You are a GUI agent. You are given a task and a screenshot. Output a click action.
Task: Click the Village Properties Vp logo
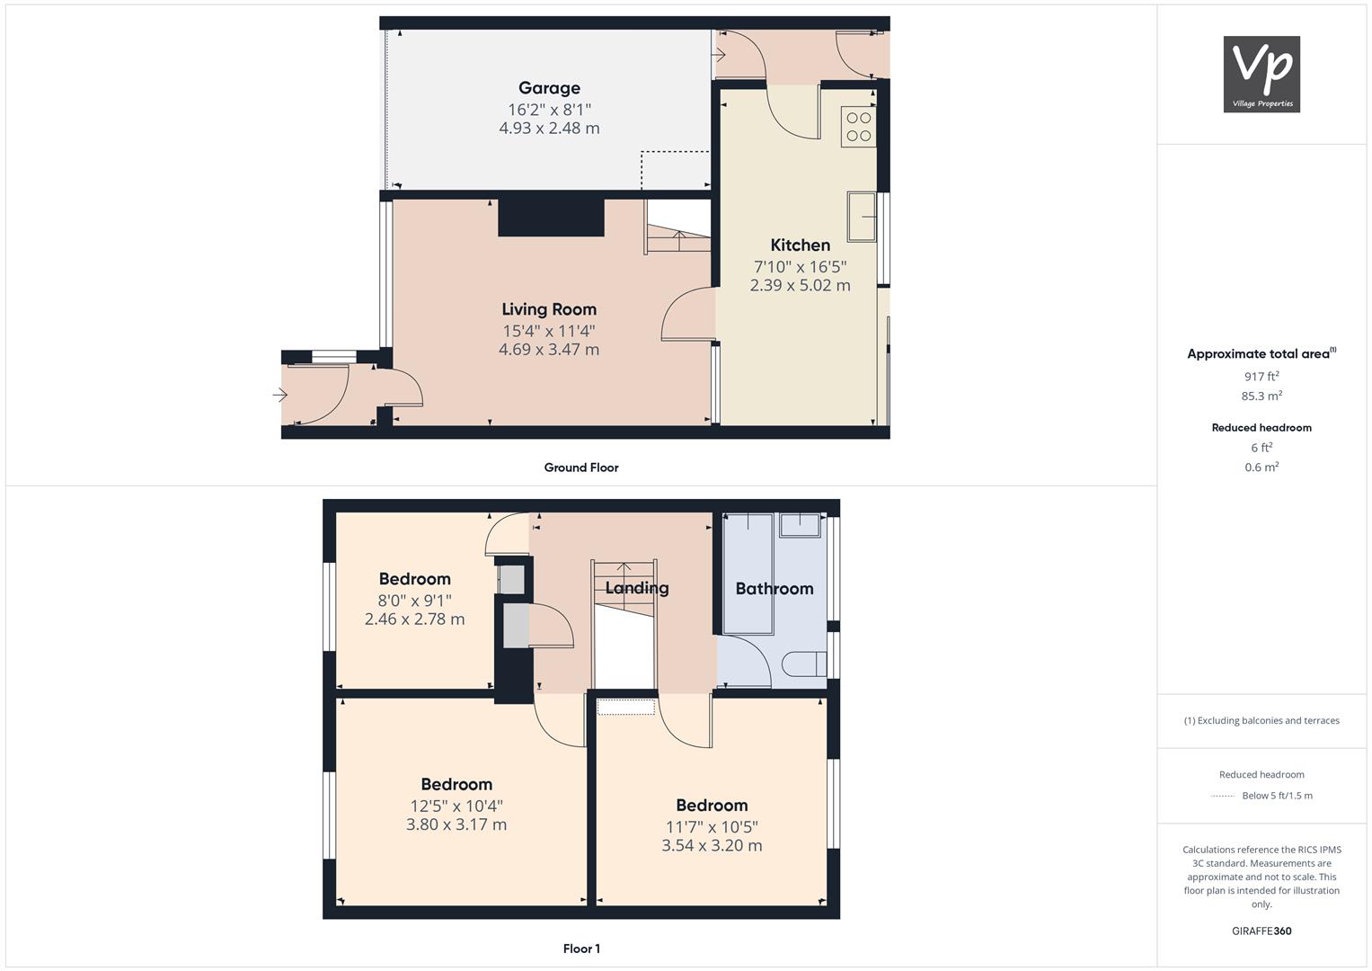click(x=1261, y=74)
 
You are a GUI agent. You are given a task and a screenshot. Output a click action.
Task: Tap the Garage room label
click(x=549, y=88)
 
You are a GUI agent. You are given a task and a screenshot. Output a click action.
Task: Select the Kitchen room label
click(x=801, y=245)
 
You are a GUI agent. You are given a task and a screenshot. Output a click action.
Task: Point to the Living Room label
click(x=549, y=309)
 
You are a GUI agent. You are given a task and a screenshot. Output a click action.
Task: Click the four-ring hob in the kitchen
click(x=859, y=127)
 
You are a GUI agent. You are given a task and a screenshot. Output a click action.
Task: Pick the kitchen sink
click(x=862, y=217)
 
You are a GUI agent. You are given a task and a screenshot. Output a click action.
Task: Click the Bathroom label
click(x=775, y=589)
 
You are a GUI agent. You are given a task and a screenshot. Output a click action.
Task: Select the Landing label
click(x=637, y=589)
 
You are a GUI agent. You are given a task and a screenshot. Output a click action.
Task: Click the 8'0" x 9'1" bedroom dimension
click(x=415, y=601)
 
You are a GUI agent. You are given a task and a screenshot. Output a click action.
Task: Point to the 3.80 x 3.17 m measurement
click(x=456, y=824)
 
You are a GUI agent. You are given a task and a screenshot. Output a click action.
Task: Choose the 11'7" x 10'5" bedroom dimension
click(x=712, y=827)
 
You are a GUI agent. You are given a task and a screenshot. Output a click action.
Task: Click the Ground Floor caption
click(x=581, y=468)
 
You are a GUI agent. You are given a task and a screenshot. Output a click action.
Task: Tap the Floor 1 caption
click(x=581, y=949)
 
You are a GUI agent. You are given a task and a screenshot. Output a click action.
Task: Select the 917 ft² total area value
click(x=1261, y=377)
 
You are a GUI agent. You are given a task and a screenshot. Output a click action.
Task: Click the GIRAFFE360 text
click(x=1261, y=931)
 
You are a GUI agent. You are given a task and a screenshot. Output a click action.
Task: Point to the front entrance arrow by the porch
click(x=280, y=395)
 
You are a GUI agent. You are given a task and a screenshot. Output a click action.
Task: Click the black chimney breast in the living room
click(x=552, y=218)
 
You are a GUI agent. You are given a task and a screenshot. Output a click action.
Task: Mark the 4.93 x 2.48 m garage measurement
click(x=549, y=128)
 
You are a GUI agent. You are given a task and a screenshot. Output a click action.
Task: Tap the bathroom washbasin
click(x=800, y=525)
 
